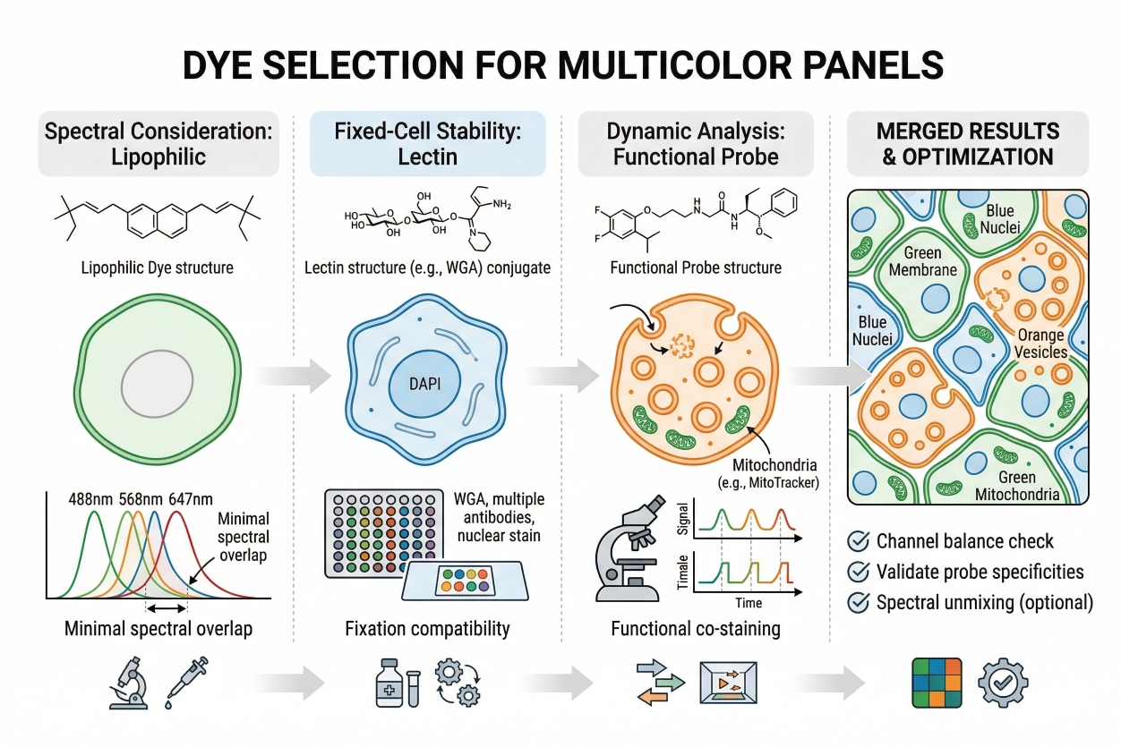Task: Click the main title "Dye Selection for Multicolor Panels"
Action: pos(560,67)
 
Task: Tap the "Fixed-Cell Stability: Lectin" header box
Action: pos(427,143)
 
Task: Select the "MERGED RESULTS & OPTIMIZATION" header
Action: pos(968,143)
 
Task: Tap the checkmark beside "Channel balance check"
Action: pos(858,541)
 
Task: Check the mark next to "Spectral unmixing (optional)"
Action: pos(858,602)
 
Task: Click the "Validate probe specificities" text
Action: pos(980,572)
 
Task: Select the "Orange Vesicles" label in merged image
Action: pos(1041,344)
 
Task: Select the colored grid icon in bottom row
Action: pos(936,684)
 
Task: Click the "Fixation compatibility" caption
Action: pos(427,629)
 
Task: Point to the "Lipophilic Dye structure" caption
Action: pos(158,267)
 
